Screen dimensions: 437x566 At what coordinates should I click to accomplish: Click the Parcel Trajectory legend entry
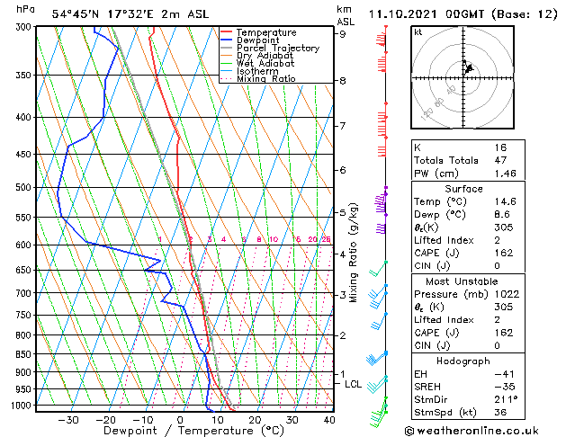(x=277, y=49)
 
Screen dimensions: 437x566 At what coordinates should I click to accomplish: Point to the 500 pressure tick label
(x=23, y=188)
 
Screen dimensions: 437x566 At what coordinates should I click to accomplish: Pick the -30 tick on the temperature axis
(x=67, y=420)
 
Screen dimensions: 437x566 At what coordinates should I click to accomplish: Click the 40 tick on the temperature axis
(x=329, y=420)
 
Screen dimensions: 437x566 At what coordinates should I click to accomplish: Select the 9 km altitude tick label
(x=343, y=34)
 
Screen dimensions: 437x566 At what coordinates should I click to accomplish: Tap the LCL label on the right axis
(x=353, y=385)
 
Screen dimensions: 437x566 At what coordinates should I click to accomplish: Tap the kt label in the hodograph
(x=418, y=31)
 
